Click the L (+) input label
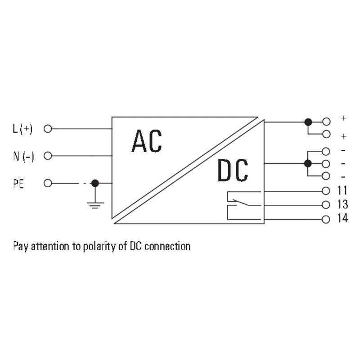pos(22,129)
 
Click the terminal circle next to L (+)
pos(48,129)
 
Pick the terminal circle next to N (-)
pos(48,156)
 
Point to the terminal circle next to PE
pos(48,183)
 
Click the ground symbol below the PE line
pos(95,205)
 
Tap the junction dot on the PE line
pos(95,183)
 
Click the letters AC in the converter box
pos(147,141)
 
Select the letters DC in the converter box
pos(233,171)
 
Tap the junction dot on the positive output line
pos(308,121)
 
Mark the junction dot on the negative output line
pos(308,163)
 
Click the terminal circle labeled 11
pos(326,191)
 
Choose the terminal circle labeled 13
pos(326,205)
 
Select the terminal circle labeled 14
pos(326,220)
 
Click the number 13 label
pos(342,205)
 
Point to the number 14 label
pos(342,220)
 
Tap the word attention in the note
pos(48,247)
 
